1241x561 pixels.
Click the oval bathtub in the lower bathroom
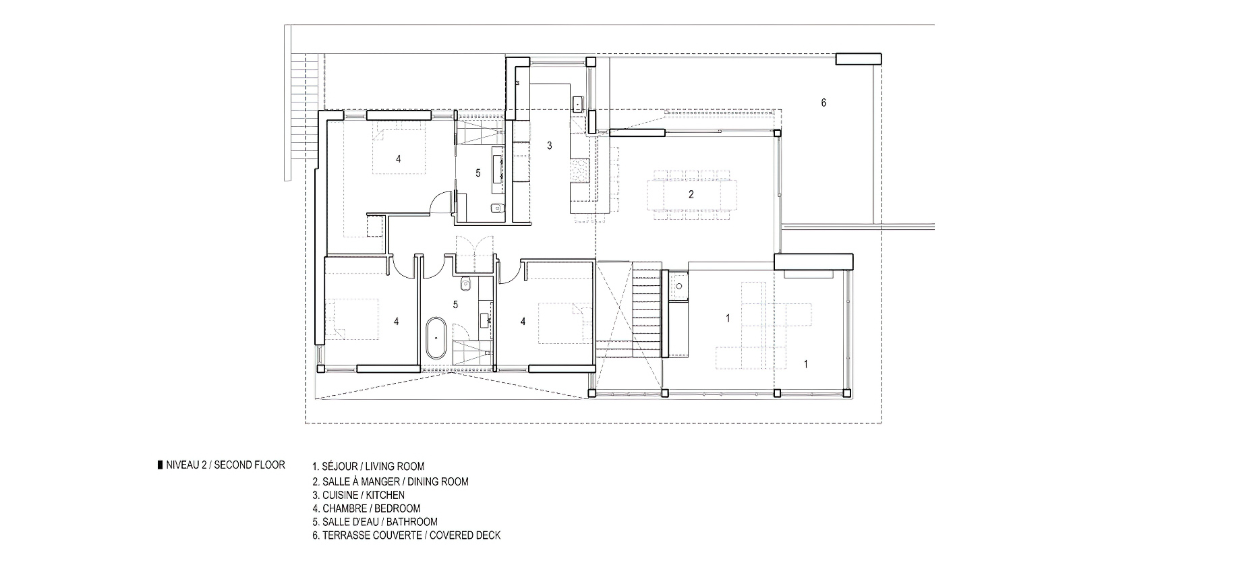click(x=436, y=338)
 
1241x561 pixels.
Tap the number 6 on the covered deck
click(x=824, y=102)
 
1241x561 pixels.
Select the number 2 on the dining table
click(x=691, y=195)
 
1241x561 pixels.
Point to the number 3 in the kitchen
click(x=550, y=145)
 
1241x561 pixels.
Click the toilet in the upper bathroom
click(x=497, y=208)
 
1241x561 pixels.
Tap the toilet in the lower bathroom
click(x=465, y=281)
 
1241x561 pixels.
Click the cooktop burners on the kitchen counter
click(x=579, y=170)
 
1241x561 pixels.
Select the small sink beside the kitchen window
click(x=578, y=104)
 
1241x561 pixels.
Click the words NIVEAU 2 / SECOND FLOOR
click(x=225, y=465)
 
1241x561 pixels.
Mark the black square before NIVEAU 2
click(x=159, y=465)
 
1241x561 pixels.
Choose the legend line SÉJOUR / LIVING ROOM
click(x=368, y=466)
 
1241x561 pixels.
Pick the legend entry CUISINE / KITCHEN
click(x=358, y=495)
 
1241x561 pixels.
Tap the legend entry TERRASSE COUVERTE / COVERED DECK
click(x=406, y=536)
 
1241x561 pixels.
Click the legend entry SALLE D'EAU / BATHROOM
click(x=374, y=522)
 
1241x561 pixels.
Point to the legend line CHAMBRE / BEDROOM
click(x=366, y=508)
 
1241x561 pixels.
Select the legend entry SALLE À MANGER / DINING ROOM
click(x=390, y=481)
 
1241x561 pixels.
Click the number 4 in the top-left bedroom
click(x=399, y=159)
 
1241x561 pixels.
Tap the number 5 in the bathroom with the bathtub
click(x=455, y=305)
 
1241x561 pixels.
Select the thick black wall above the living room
click(x=813, y=262)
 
